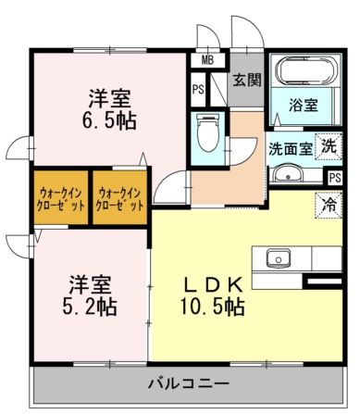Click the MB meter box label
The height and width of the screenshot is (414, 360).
[x=207, y=60]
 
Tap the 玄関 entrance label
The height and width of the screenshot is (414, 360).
[x=246, y=81]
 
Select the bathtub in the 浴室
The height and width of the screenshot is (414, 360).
[x=305, y=71]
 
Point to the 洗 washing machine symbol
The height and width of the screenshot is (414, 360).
[x=329, y=146]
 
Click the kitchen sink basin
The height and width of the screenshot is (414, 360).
[x=279, y=258]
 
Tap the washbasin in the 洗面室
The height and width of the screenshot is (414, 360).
[x=288, y=175]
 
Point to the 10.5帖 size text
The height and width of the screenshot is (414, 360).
[x=213, y=307]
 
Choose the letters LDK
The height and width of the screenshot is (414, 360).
[x=213, y=286]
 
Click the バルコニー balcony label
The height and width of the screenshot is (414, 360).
[x=189, y=384]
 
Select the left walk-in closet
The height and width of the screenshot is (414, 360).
[x=61, y=197]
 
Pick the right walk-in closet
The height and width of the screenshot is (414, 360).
[x=119, y=197]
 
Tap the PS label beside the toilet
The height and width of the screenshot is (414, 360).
[x=198, y=90]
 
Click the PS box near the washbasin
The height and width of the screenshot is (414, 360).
[x=335, y=178]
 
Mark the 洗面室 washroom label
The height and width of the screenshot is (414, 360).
[x=291, y=149]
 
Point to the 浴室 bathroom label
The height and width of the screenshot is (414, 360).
[x=304, y=105]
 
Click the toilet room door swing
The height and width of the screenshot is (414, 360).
[x=242, y=151]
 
